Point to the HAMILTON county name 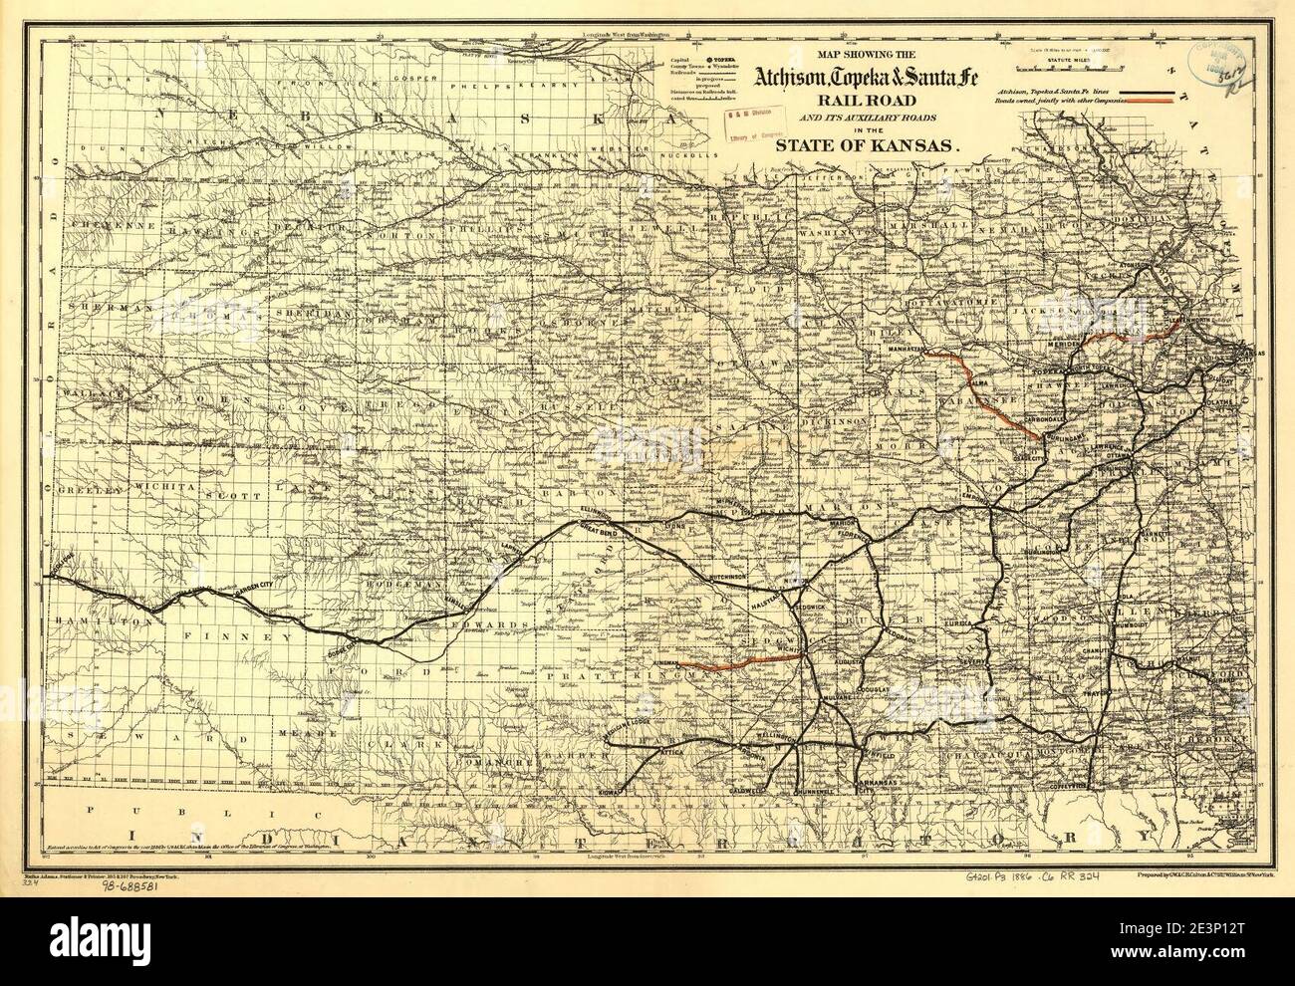(x=105, y=618)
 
